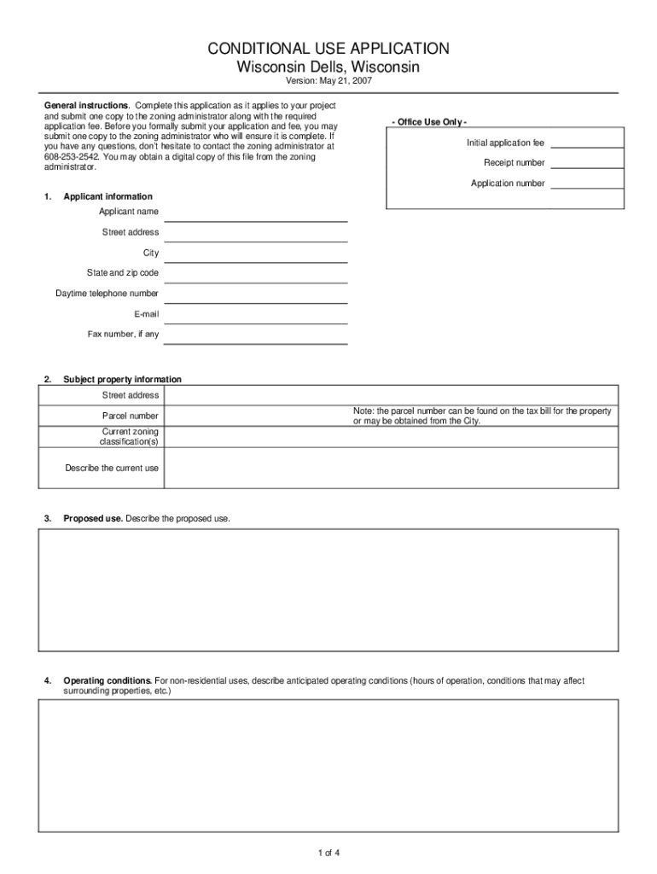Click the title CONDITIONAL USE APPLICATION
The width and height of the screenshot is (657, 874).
(328, 49)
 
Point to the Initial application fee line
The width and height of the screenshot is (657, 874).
(587, 144)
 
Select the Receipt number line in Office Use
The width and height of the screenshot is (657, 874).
(587, 165)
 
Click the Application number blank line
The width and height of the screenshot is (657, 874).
(587, 185)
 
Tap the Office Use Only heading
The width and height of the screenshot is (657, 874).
(429, 122)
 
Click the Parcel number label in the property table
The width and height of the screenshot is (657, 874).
(130, 416)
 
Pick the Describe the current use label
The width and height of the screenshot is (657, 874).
(112, 468)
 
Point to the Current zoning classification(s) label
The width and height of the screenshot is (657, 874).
(129, 437)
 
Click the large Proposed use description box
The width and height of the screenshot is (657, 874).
(328, 590)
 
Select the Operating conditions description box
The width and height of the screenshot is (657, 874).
(328, 765)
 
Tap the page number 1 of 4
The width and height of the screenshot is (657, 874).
(328, 853)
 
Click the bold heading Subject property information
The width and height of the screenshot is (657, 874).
(122, 379)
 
